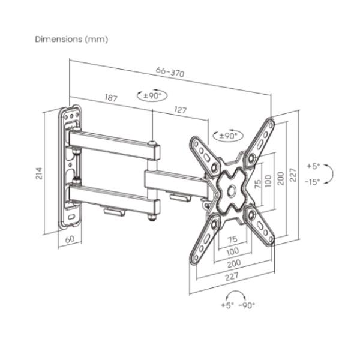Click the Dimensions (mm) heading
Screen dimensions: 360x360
click(x=71, y=39)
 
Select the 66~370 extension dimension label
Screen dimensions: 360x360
click(x=170, y=72)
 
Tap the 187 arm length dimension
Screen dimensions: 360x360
click(x=111, y=98)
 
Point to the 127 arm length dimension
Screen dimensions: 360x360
click(x=180, y=110)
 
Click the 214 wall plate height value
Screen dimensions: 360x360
click(x=39, y=173)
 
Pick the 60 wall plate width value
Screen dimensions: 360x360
click(x=70, y=239)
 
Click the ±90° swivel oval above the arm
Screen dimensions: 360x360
click(x=152, y=95)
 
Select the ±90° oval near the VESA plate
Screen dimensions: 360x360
click(x=228, y=136)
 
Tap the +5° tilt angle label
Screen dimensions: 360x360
click(x=314, y=166)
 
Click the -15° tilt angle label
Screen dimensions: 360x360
click(x=312, y=182)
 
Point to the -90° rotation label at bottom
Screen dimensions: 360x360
click(x=247, y=305)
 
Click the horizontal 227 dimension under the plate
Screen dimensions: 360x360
click(x=232, y=277)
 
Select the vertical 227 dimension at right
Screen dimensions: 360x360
click(x=293, y=175)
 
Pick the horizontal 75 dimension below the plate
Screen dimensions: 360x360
click(x=232, y=239)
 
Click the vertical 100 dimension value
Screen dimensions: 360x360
click(x=268, y=181)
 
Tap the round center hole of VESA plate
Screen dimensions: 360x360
click(x=232, y=190)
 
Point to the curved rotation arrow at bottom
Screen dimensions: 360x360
click(x=236, y=295)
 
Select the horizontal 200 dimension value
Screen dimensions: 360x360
click(x=234, y=263)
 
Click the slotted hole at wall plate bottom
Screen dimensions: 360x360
click(x=71, y=217)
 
